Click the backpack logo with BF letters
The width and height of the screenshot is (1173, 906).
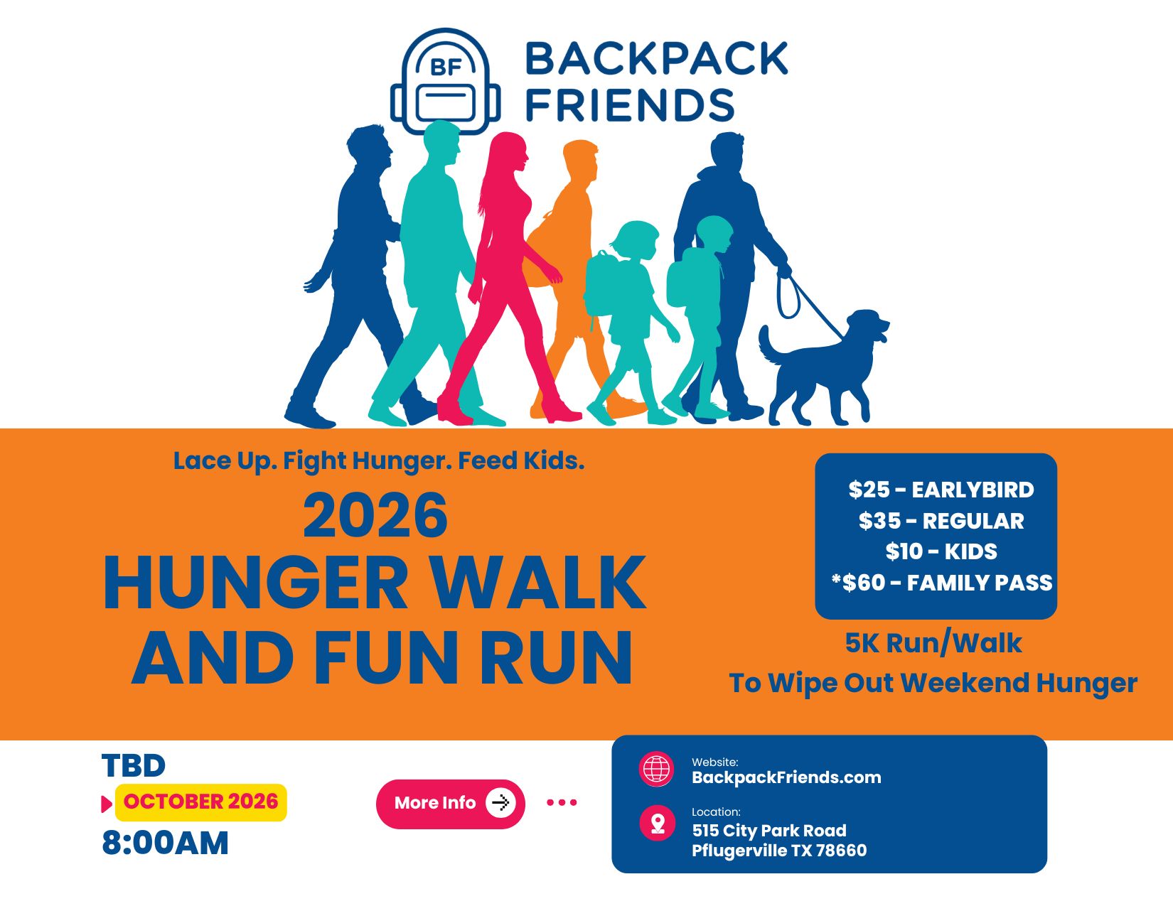[445, 81]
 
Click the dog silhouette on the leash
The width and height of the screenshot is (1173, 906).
[824, 367]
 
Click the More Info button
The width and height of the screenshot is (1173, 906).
[450, 804]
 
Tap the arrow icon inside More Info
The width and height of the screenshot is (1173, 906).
[500, 803]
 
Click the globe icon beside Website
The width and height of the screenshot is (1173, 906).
[656, 768]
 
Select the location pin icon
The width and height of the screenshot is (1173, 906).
[657, 824]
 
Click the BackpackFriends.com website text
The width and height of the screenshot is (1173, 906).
[786, 777]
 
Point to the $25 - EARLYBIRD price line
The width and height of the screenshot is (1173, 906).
[941, 490]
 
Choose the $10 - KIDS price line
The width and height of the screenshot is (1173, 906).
[941, 551]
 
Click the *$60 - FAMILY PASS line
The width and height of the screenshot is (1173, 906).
[942, 583]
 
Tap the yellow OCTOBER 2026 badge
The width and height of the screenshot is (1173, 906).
[200, 802]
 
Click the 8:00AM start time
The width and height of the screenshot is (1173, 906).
[165, 843]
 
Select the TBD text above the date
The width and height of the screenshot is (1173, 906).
[134, 766]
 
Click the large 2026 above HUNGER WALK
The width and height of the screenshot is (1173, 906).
[375, 516]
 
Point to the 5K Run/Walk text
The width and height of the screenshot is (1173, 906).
[933, 643]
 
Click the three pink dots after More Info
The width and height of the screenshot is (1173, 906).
[562, 802]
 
